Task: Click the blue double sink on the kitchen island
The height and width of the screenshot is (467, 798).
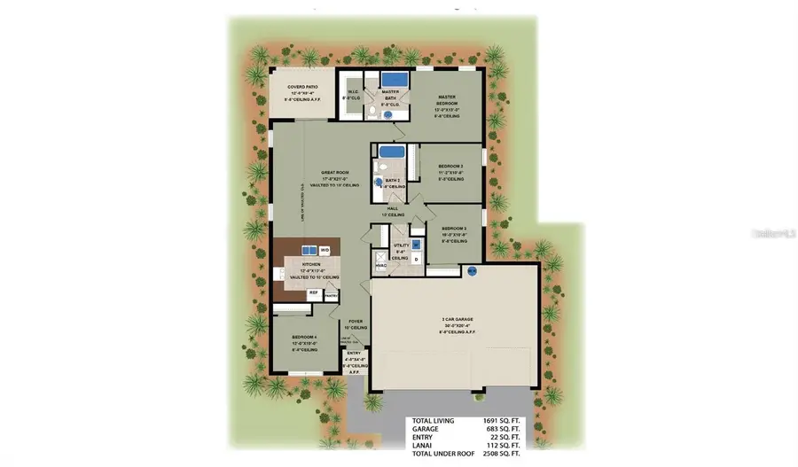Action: [311, 250]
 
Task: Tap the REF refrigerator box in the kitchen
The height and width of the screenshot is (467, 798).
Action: [313, 292]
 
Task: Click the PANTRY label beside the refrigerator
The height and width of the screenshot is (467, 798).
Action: [331, 297]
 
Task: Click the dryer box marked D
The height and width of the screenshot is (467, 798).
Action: [415, 259]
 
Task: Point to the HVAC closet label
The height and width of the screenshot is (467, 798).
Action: [380, 265]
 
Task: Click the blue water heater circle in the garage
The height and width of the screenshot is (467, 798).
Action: [472, 270]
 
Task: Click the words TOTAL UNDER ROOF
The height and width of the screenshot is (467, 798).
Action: [440, 457]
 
